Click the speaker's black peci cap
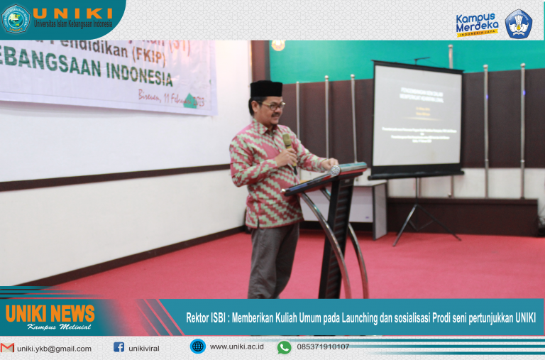pos(266,88)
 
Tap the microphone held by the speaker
pos(288,142)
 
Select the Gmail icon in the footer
pos(8,348)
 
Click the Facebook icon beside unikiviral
pos(119,348)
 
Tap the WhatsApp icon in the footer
pos(284,347)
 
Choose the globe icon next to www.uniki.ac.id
pos(197,347)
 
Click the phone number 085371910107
pos(323,347)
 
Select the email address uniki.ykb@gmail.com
pos(55,349)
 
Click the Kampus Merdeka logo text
pos(476,23)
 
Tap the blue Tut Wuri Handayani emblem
pos(519,23)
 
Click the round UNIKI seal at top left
pos(16,19)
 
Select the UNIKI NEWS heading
pos(50,313)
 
